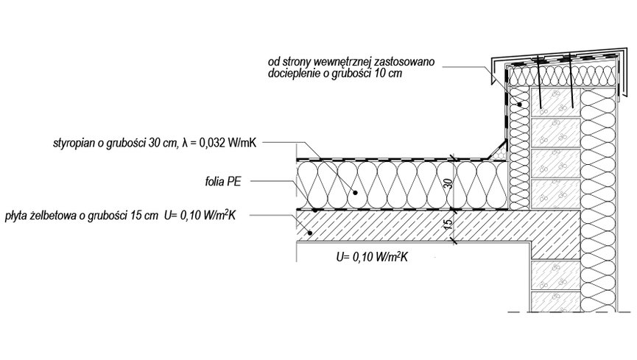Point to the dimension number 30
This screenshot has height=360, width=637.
446,185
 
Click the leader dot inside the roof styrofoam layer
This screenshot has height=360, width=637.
355,191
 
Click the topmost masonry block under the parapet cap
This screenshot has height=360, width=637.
553,103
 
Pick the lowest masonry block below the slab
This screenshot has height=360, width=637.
553,300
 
